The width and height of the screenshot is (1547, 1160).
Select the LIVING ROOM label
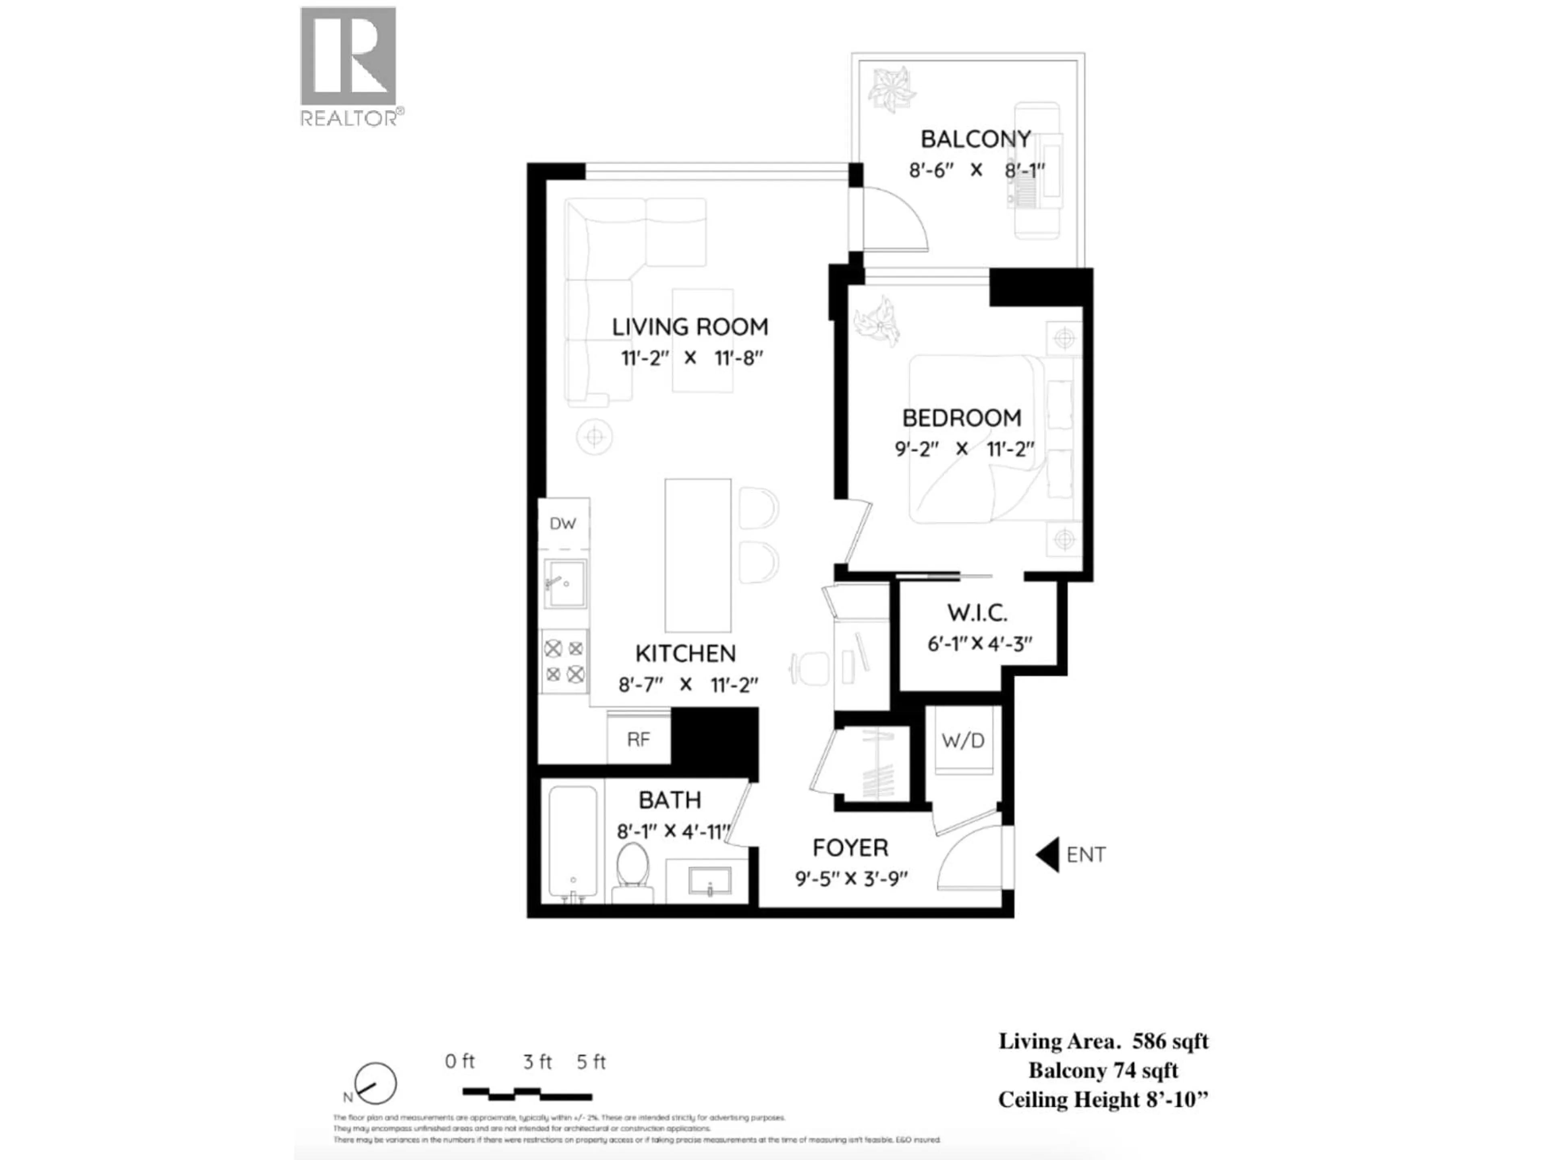(690, 327)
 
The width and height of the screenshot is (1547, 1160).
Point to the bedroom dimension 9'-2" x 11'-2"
(964, 449)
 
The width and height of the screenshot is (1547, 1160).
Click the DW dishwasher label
(562, 524)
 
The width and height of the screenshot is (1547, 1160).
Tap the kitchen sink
(565, 583)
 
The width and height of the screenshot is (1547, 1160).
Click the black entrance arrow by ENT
(1048, 854)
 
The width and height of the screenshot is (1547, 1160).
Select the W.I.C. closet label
(977, 613)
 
